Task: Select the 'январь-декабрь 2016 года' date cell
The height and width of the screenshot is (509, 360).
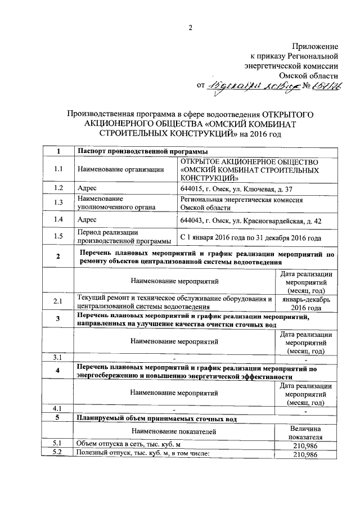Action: pos(306,304)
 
